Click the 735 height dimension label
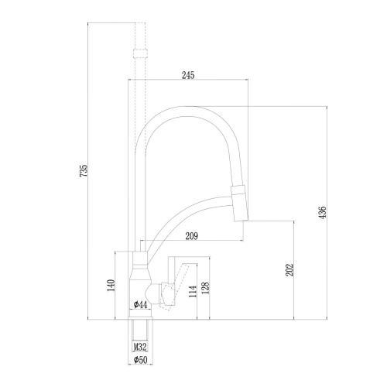click(84, 170)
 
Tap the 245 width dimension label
click(188, 75)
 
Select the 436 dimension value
click(322, 212)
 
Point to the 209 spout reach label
click(191, 236)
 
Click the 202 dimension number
click(289, 270)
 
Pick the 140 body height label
click(111, 286)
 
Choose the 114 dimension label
click(193, 291)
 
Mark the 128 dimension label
click(206, 289)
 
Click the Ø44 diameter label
click(141, 305)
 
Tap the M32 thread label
click(140, 347)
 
